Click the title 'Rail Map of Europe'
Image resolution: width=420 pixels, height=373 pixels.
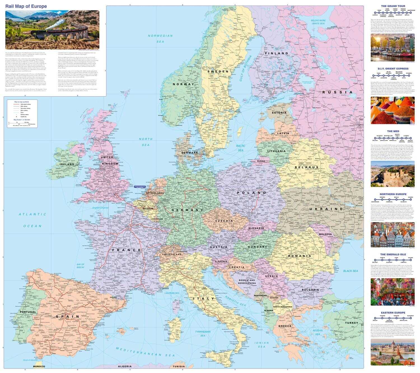pyautogui.click(x=26, y=6)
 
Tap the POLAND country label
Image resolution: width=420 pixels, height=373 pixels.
pyautogui.click(x=252, y=193)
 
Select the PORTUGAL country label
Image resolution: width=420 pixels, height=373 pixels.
pyautogui.click(x=28, y=312)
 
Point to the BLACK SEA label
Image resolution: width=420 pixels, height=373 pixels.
pyautogui.click(x=351, y=271)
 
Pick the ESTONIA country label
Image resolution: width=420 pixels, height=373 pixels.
pyautogui.click(x=279, y=113)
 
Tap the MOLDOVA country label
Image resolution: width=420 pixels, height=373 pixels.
pyautogui.click(x=325, y=234)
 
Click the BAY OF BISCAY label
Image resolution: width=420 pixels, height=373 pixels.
pyautogui.click(x=81, y=266)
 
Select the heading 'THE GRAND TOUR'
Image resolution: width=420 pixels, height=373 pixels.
pyautogui.click(x=393, y=6)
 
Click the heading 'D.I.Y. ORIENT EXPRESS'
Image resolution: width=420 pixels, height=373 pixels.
pyautogui.click(x=393, y=68)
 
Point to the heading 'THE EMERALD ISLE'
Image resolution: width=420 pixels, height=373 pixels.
pyautogui.click(x=393, y=255)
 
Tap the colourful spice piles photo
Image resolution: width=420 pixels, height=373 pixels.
pyautogui.click(x=393, y=110)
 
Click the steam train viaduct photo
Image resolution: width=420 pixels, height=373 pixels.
pyautogui.click(x=52, y=30)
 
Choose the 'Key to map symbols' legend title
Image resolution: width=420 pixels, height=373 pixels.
pyautogui.click(x=22, y=102)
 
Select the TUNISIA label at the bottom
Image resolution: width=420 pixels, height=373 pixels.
pyautogui.click(x=179, y=366)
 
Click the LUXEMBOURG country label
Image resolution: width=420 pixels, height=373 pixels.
pyautogui.click(x=157, y=219)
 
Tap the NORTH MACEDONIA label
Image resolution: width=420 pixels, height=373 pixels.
pyautogui.click(x=283, y=307)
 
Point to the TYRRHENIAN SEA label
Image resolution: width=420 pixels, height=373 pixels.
pyautogui.click(x=203, y=334)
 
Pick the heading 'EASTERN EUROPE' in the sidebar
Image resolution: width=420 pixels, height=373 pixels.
pyautogui.click(x=393, y=313)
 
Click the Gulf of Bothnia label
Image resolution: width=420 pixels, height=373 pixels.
pyautogui.click(x=246, y=68)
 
